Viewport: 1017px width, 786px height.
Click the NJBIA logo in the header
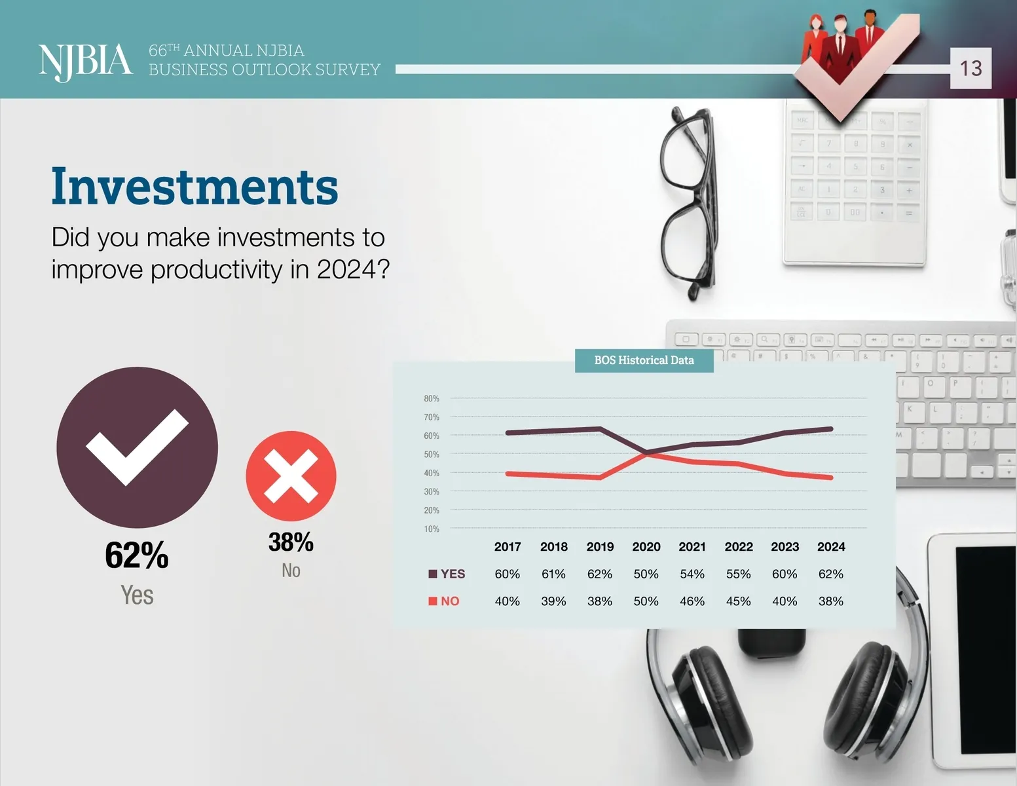click(x=85, y=62)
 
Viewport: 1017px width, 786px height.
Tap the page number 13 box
click(x=971, y=68)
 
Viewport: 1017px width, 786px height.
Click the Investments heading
click(x=194, y=186)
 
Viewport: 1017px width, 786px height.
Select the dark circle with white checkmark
click(x=137, y=447)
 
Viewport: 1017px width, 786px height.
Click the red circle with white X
click(x=291, y=476)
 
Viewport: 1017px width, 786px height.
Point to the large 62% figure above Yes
click(x=137, y=555)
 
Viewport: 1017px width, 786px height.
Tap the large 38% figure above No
click(x=291, y=542)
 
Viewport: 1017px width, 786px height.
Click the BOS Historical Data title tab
click(x=644, y=360)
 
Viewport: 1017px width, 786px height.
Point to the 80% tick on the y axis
click(x=432, y=398)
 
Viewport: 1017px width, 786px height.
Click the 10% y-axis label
click(x=432, y=529)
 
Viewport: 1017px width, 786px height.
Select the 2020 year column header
click(x=646, y=547)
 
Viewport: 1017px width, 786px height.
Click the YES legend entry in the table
click(x=447, y=574)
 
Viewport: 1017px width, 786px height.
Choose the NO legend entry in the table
click(x=444, y=601)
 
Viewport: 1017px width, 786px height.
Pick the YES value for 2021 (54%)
click(x=692, y=574)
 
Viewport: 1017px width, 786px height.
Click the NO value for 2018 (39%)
click(x=553, y=601)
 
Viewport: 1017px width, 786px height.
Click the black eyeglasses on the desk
click(x=690, y=204)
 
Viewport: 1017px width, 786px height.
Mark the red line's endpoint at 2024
click(x=831, y=477)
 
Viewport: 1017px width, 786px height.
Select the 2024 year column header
click(x=831, y=547)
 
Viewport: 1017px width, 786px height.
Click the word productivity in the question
click(x=216, y=270)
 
